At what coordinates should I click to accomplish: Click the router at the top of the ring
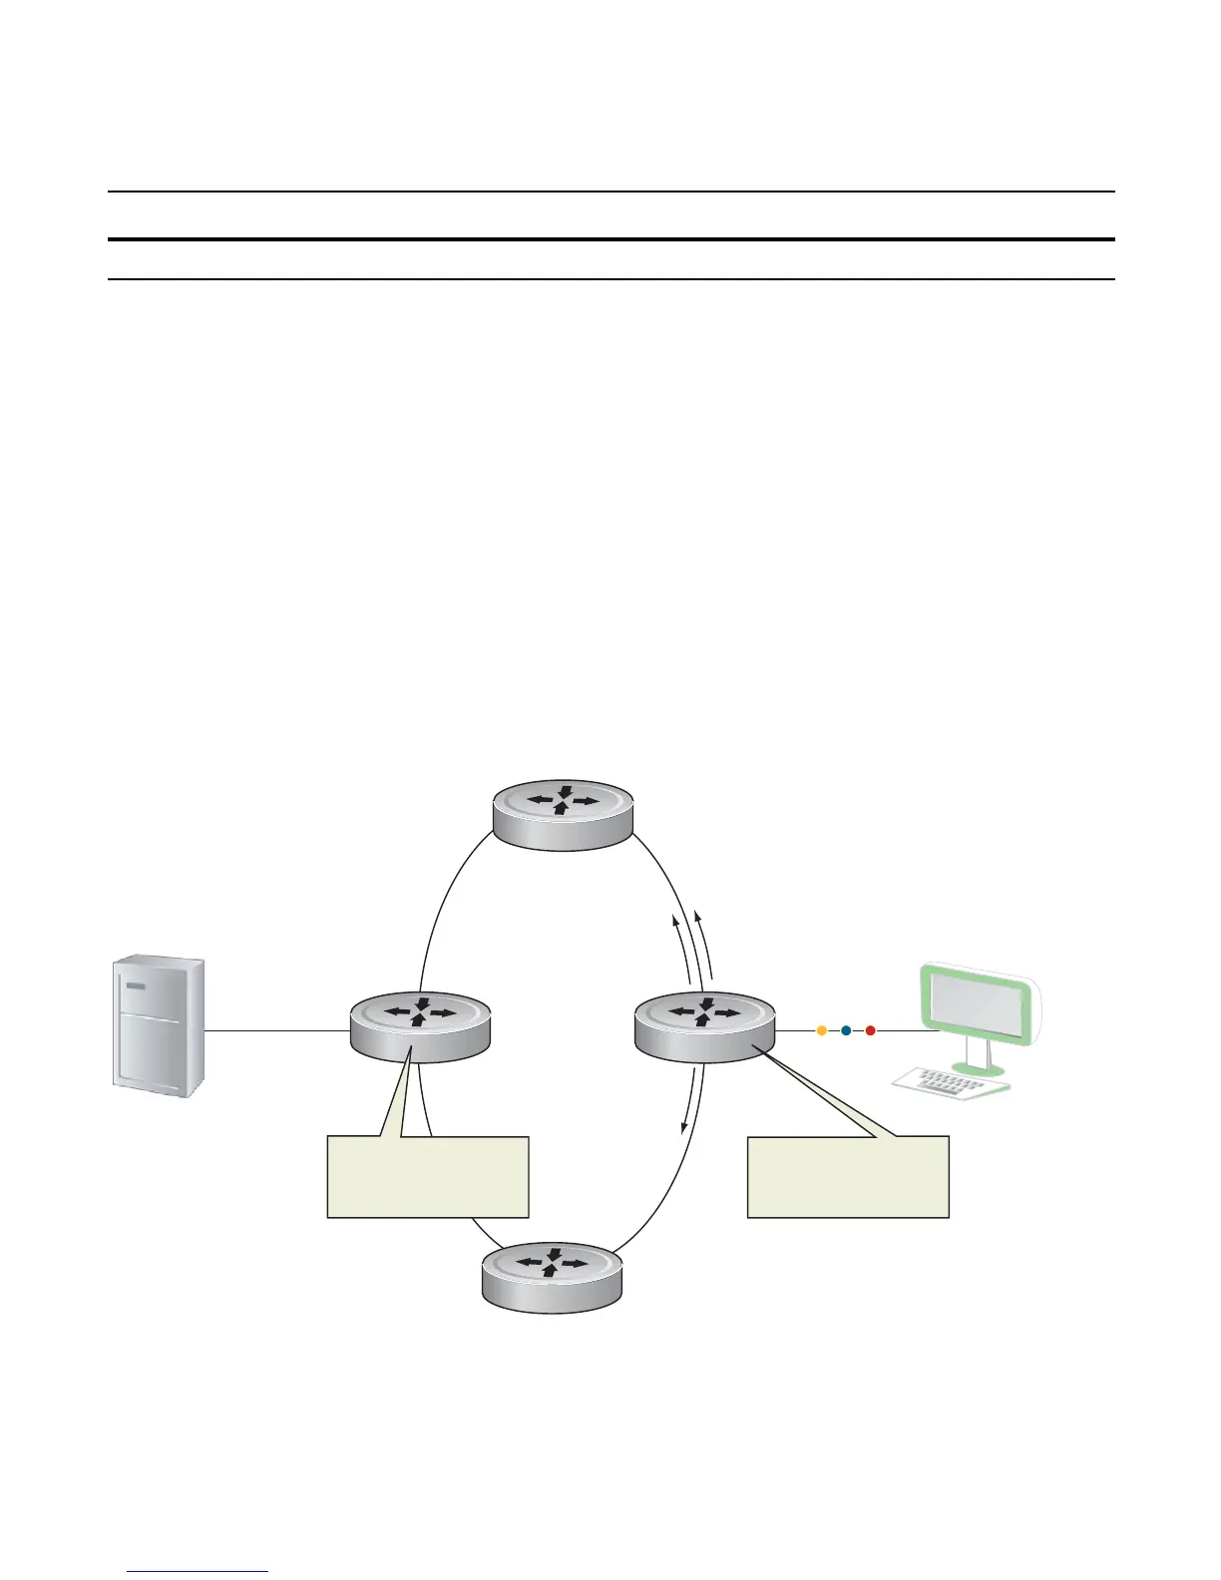tap(564, 814)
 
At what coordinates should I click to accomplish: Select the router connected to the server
tap(420, 1026)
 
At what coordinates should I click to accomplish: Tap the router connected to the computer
tap(705, 1026)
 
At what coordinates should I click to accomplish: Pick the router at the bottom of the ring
tap(552, 1279)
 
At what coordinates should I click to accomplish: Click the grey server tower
tap(157, 1027)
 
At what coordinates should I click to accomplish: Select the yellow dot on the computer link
tap(821, 1030)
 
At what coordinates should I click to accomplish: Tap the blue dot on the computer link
tap(845, 1030)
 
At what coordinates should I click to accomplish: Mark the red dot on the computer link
tap(870, 1030)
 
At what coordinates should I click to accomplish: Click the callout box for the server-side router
tap(427, 1176)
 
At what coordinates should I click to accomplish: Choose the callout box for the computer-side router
tap(848, 1176)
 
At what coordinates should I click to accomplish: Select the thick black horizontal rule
tap(610, 239)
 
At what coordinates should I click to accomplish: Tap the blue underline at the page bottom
tap(199, 1573)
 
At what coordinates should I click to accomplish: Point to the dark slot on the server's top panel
tap(135, 985)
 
